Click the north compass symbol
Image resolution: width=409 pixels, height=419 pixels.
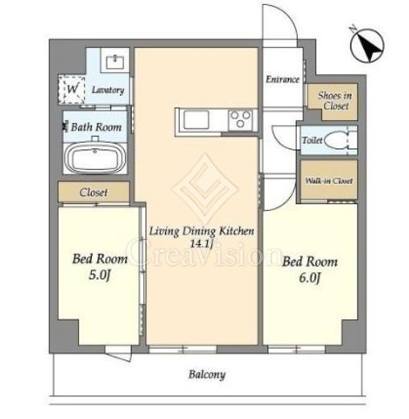367,45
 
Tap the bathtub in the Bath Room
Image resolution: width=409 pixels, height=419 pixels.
95,158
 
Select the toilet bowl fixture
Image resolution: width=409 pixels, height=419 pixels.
337,139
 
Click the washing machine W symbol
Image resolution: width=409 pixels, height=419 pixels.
72,89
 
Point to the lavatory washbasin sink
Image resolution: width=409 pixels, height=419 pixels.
115,62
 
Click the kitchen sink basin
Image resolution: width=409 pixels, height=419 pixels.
196,120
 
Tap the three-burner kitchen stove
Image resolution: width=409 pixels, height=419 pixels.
241,120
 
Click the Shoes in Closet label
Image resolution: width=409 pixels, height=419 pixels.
335,101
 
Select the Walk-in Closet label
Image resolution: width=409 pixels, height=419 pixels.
328,180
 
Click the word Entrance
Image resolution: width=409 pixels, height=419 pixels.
283,80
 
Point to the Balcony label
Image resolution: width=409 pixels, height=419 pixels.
207,375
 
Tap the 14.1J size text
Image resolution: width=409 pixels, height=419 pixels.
201,244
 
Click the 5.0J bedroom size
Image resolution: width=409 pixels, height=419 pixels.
100,276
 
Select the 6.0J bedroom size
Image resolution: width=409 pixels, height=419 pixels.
310,278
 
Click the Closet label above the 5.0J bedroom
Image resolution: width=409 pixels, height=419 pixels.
93,193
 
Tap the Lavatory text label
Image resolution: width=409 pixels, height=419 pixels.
108,89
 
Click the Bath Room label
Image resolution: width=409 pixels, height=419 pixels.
96,127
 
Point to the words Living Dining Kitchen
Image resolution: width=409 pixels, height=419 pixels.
201,231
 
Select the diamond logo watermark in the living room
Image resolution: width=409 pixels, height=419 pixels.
205,189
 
